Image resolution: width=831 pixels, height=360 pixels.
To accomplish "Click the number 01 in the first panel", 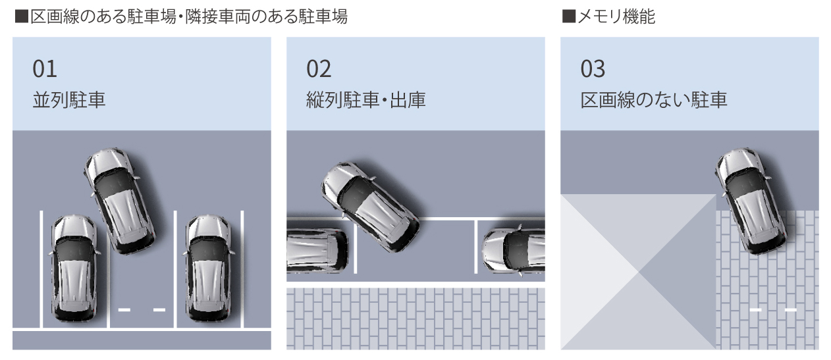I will [x=45, y=68].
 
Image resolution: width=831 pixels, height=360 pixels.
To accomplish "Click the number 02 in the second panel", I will [x=319, y=68].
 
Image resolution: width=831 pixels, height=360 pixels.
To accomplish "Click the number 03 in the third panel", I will [x=593, y=68].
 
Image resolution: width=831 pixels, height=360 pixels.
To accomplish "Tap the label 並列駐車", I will [x=68, y=100].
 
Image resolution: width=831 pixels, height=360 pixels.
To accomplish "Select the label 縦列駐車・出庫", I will [x=365, y=100].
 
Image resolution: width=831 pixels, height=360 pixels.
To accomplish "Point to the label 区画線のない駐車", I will [x=653, y=100].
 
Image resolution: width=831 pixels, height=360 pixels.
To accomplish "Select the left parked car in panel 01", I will [x=74, y=269].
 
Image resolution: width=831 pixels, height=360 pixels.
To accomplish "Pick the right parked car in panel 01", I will [x=208, y=269].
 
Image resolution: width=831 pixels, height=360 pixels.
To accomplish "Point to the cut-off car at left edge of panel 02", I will [x=317, y=250].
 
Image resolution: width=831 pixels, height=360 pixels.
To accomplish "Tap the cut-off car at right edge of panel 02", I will [x=514, y=250].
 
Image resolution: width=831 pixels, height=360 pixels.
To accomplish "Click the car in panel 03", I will [x=751, y=200].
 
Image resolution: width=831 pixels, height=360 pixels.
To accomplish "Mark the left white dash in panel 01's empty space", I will [x=124, y=309].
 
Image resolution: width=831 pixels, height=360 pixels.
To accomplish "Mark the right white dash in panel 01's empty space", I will [x=159, y=309].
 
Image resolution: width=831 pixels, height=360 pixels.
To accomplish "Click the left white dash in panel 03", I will [x=755, y=309].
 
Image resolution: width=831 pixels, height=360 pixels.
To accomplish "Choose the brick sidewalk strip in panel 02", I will [x=416, y=319].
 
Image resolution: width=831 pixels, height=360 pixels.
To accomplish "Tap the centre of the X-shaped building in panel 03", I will [x=637, y=272].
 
